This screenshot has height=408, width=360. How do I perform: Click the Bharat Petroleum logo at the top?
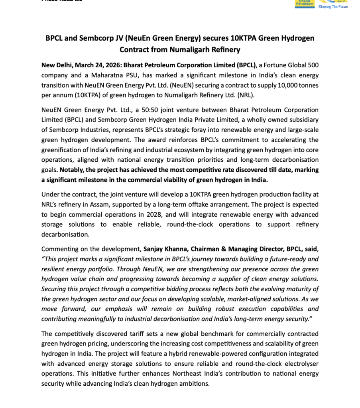pyautogui.click(x=304, y=4)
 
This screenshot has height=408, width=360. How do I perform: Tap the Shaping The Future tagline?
pyautogui.click(x=333, y=7)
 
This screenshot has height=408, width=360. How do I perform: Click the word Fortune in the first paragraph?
pyautogui.click(x=273, y=65)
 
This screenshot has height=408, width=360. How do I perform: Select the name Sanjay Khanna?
pyautogui.click(x=164, y=249)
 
